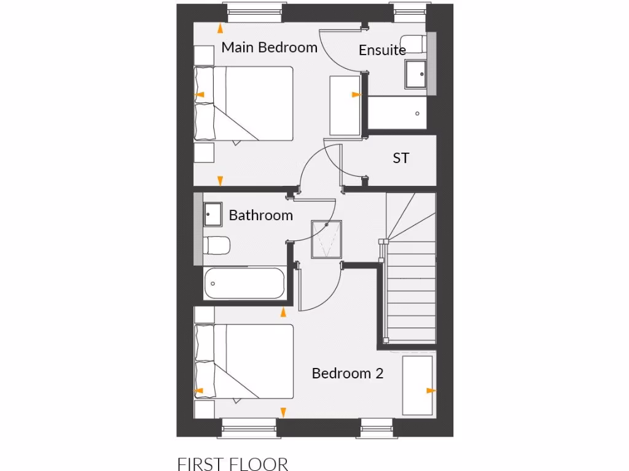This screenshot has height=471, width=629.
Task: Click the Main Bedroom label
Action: tap(269, 47)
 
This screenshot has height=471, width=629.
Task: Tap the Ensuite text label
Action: tap(382, 50)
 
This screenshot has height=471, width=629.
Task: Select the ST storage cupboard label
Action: tap(400, 158)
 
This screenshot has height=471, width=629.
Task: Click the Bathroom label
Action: tap(260, 215)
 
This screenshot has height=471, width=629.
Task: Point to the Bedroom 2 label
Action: tap(347, 373)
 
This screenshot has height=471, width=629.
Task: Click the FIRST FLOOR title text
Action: tap(232, 462)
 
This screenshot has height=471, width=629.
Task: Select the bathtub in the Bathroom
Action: tap(244, 283)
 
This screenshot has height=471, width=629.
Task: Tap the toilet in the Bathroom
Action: tap(216, 245)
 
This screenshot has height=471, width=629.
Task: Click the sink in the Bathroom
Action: tap(213, 214)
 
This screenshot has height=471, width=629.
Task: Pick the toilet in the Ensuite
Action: tap(416, 44)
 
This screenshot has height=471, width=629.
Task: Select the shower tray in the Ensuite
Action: tap(397, 113)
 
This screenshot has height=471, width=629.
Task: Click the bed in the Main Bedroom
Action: tap(244, 103)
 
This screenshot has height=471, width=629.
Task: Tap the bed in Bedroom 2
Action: tap(244, 362)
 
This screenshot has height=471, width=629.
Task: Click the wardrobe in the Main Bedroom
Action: tap(345, 105)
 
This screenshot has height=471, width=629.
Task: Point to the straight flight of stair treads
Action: tap(411, 288)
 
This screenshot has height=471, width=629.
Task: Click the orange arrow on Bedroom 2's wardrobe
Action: tap(431, 390)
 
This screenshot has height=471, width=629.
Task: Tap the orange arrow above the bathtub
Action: tap(283, 313)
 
